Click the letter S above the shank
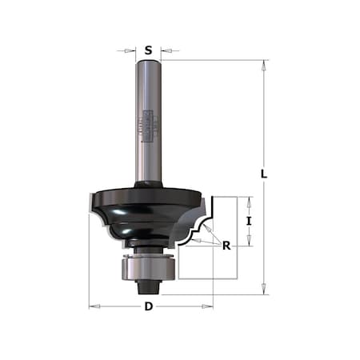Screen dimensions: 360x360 (149, 50)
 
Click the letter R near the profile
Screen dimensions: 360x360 (226, 246)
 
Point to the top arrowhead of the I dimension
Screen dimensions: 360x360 (249, 200)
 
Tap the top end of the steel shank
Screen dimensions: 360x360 (149, 63)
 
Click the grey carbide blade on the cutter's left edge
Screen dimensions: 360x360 (89, 205)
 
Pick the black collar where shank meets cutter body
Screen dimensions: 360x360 (149, 185)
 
